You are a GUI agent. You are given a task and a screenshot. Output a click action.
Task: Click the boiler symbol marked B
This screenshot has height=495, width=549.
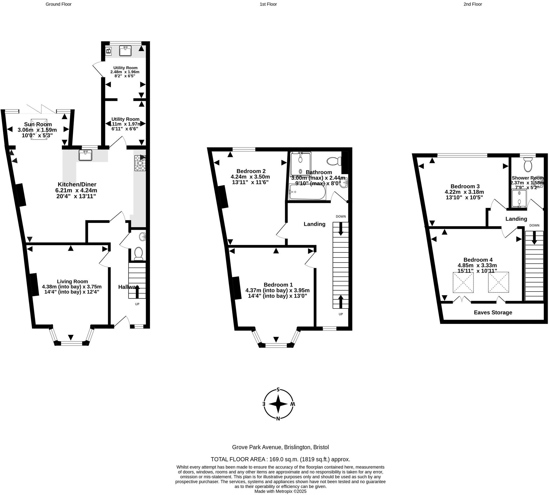(109, 50)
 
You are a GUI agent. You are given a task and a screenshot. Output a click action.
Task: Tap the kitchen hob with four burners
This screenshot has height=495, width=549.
(140, 163)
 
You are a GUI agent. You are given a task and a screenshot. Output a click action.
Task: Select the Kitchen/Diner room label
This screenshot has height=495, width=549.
(77, 185)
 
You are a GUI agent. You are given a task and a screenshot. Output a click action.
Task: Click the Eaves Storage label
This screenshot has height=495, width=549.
(493, 312)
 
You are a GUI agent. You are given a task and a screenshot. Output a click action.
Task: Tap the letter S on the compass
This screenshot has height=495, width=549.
(278, 390)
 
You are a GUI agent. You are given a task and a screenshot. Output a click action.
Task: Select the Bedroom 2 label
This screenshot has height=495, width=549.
(251, 171)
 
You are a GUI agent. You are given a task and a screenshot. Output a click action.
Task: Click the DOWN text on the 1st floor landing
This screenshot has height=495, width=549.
(341, 217)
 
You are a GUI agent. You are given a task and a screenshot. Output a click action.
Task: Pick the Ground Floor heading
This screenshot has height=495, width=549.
(59, 4)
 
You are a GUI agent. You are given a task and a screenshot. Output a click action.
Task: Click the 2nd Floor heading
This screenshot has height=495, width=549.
(473, 4)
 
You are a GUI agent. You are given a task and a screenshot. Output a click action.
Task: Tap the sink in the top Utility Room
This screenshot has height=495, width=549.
(125, 51)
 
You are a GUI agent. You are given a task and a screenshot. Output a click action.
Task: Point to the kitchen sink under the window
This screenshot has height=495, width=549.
(85, 155)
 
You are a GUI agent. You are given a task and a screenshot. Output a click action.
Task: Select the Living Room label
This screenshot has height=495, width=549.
(72, 282)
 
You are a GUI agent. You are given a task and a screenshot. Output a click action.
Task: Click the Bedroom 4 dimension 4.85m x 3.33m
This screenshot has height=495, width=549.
(477, 265)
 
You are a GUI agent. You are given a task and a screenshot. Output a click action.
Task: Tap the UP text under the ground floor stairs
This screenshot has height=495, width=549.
(137, 304)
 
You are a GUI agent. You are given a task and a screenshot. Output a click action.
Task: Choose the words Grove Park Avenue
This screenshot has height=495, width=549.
(257, 447)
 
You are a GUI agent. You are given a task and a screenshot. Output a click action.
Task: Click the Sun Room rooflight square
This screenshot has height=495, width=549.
(39, 129)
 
